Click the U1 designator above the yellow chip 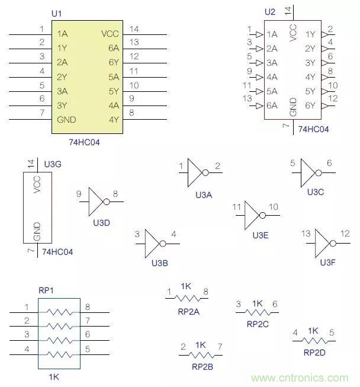click(x=56, y=13)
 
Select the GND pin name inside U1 click(x=66, y=120)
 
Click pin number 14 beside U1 click(x=134, y=29)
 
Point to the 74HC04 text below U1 click(x=85, y=142)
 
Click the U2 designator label click(x=269, y=12)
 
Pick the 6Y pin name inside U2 click(x=310, y=105)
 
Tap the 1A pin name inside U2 click(x=272, y=34)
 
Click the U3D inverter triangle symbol click(x=96, y=202)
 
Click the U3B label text click(x=160, y=263)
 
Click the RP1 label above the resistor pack click(x=46, y=290)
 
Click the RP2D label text click(x=314, y=352)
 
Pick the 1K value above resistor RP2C click(x=257, y=303)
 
